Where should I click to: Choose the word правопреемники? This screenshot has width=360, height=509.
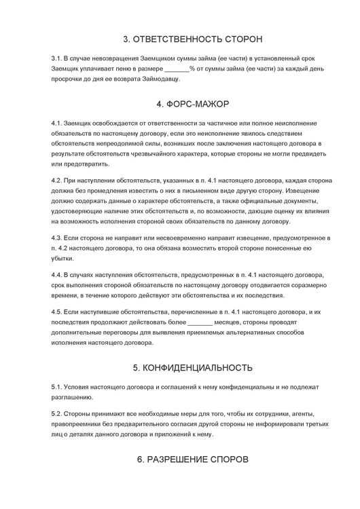click(x=77, y=424)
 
